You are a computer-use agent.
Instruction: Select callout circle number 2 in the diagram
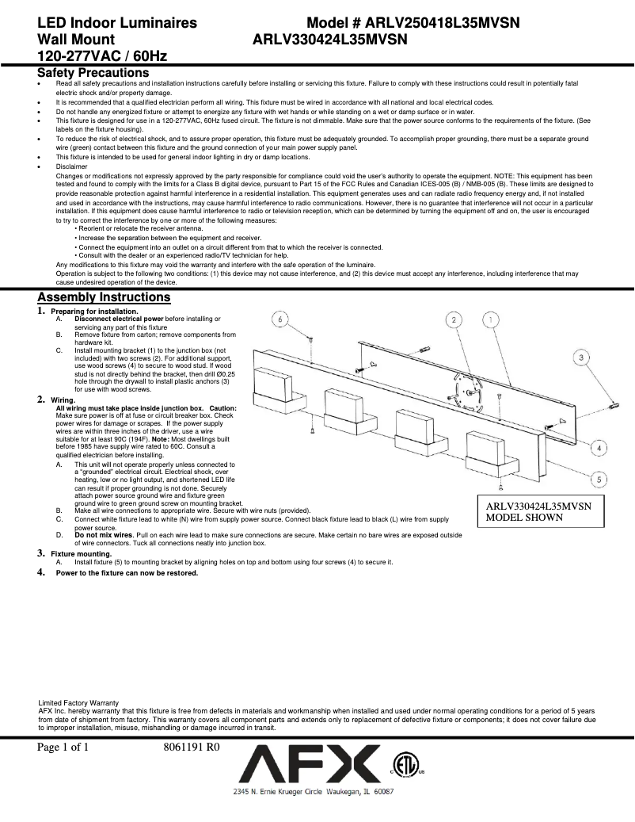pos(454,319)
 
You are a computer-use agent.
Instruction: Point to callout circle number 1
pos(491,319)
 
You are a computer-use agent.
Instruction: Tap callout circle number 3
pos(582,358)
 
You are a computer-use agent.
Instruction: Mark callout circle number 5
pos(601,480)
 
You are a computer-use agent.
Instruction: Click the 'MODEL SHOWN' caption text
pos(524,517)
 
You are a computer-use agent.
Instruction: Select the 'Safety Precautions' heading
pos(93,73)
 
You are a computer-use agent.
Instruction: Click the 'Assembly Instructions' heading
pos(104,297)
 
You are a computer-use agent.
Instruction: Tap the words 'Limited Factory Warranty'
pos(79,702)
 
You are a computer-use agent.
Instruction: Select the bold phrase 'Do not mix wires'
pos(103,535)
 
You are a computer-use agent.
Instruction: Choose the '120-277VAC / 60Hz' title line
pos(101,55)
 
